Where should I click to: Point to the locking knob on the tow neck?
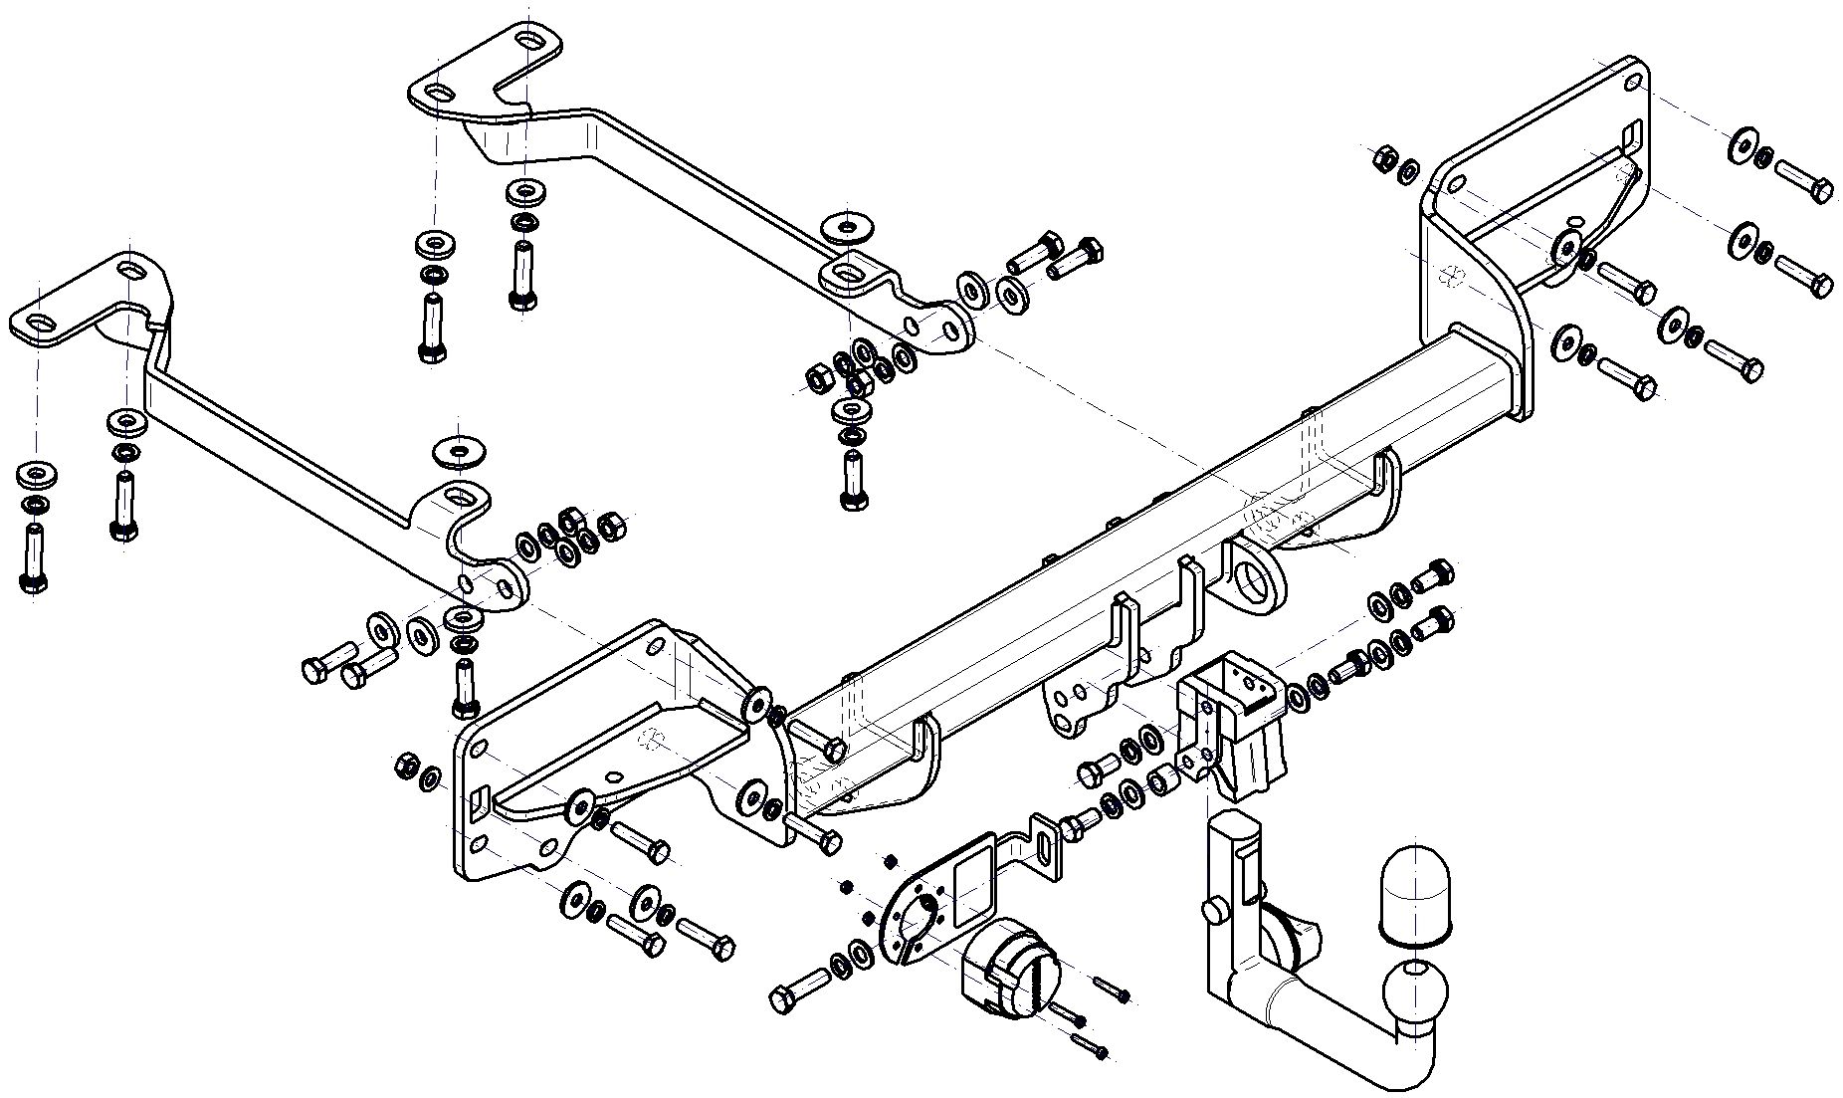click(1213, 911)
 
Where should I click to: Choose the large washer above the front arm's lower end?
click(457, 451)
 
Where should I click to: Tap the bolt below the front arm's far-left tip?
click(33, 557)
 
